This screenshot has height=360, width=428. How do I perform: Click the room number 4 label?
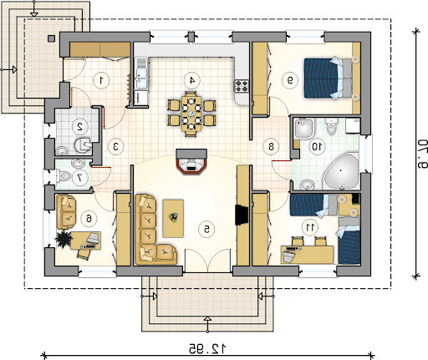192,80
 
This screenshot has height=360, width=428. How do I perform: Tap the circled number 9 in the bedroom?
290,80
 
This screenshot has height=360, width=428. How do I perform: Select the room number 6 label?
89,219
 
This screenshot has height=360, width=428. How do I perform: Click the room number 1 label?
101,80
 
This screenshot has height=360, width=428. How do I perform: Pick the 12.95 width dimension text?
207,348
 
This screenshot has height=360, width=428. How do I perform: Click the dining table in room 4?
191,114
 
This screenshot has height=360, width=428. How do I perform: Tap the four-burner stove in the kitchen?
242,86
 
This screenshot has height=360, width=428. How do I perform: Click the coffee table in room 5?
173,219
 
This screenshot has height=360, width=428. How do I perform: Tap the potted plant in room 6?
64,239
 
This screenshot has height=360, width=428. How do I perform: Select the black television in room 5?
242,215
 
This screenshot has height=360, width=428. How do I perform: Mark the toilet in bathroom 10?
331,126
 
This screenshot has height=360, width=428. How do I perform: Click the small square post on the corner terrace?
51,38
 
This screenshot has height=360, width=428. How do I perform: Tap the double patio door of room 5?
208,261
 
